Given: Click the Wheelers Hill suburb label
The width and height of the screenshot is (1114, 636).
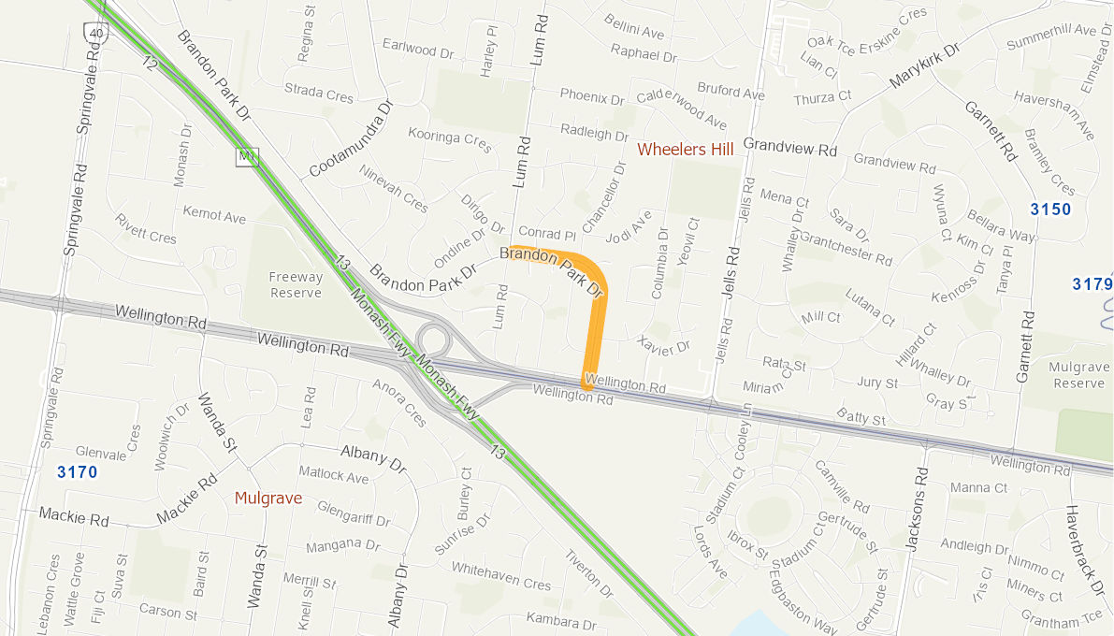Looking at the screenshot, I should pos(685,149).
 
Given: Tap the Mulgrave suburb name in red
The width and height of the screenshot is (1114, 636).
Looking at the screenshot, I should pos(268,498).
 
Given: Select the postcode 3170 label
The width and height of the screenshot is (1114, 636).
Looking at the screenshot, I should pos(77,471).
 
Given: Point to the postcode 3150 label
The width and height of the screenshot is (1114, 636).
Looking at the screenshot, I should pos(1050,209).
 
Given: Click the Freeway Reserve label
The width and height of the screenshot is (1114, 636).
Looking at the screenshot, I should pos(296,285).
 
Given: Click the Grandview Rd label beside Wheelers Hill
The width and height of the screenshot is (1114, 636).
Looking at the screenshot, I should pos(790,148).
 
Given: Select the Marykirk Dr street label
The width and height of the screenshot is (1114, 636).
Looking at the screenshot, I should pos(925,66).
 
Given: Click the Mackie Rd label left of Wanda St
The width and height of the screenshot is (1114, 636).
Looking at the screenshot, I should pos(74,515).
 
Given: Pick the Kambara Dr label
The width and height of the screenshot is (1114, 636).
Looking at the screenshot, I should pos(561,620).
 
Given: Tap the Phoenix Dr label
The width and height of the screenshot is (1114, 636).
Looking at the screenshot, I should pos(592,96).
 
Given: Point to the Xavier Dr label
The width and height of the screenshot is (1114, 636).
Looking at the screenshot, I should pos(662,345).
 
